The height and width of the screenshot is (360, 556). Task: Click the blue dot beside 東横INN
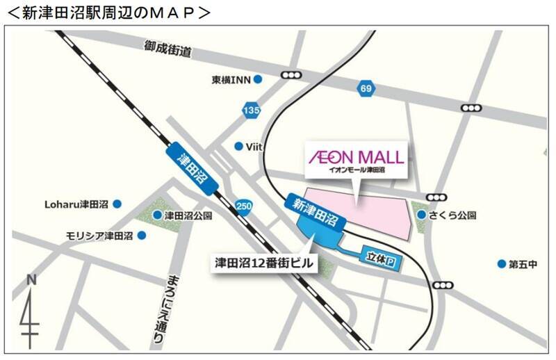coord(258,80)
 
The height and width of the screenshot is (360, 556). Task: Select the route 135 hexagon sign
coord(252,109)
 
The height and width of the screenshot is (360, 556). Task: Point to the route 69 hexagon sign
coord(366,88)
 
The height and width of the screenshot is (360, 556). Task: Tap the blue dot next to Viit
coord(238,146)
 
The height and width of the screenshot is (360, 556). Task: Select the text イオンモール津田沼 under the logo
coord(357,169)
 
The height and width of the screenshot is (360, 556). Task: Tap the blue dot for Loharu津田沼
coord(117,204)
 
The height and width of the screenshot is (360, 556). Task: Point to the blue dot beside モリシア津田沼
coord(142,235)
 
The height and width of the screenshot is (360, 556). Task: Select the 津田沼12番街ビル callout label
coord(263,263)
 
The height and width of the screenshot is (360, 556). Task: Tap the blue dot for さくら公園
coord(422,215)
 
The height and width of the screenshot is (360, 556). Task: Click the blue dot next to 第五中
coord(501,263)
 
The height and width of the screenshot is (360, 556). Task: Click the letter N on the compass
coord(31,279)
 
